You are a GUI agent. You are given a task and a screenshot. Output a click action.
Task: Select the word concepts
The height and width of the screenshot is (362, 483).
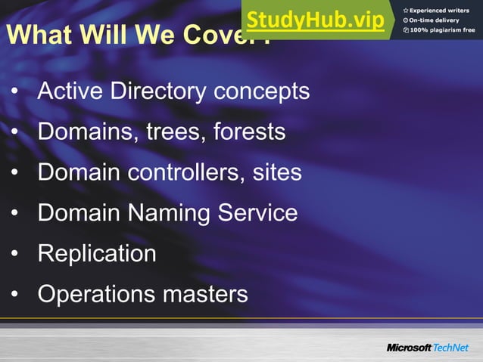pyautogui.click(x=261, y=92)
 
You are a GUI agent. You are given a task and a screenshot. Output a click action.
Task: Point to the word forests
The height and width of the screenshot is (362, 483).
pyautogui.click(x=249, y=132)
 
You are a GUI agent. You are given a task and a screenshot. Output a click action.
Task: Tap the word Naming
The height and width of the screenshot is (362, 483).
pyautogui.click(x=163, y=212)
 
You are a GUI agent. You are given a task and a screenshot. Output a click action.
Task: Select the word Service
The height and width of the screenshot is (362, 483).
pyautogui.click(x=257, y=212)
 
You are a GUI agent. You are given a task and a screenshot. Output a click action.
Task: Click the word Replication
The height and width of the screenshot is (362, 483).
pyautogui.click(x=97, y=253)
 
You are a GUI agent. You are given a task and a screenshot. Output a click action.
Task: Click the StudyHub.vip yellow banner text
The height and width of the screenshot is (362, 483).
pyautogui.click(x=316, y=20)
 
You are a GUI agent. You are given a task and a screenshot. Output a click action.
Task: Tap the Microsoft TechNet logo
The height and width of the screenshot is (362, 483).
pyautogui.click(x=428, y=347)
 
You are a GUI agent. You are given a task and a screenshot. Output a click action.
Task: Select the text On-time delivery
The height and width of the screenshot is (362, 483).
pyautogui.click(x=436, y=20)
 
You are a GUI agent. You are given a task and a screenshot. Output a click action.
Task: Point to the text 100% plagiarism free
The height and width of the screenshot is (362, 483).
pyautogui.click(x=443, y=29)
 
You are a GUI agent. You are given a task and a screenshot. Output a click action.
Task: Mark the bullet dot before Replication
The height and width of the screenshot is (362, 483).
pyautogui.click(x=14, y=254)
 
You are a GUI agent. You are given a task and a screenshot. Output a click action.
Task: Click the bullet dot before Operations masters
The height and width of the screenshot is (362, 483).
pyautogui.click(x=14, y=294)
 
